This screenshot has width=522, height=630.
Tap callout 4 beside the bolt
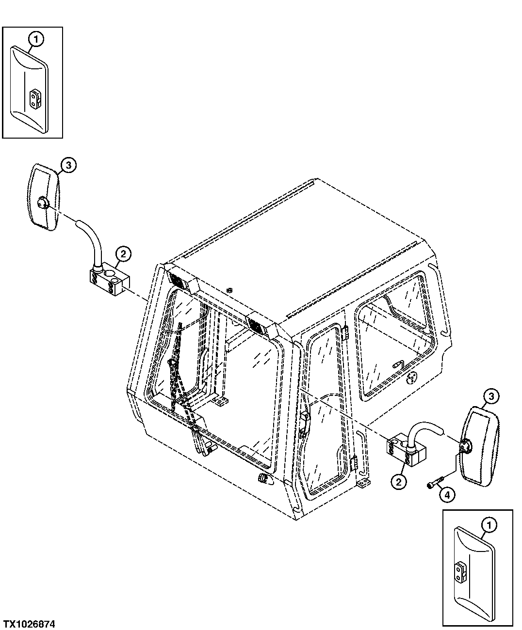(x=447, y=495)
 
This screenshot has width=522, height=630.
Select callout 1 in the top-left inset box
(x=36, y=39)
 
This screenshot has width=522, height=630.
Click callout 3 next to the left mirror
(x=68, y=165)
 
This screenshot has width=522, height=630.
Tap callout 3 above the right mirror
(x=491, y=396)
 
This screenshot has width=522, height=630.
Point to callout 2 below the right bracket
(x=399, y=482)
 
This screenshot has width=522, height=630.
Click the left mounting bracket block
(x=110, y=280)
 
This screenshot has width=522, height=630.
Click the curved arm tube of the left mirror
(x=90, y=240)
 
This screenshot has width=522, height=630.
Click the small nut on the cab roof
(x=228, y=290)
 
